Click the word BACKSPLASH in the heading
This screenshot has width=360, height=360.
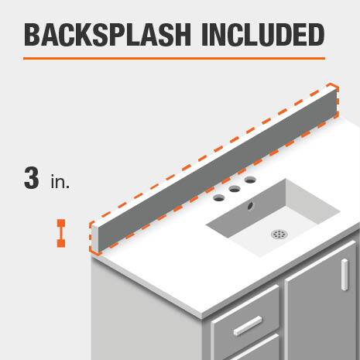click(x=108, y=35)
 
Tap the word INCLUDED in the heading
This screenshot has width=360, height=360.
click(x=263, y=35)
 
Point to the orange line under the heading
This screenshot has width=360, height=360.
click(x=174, y=59)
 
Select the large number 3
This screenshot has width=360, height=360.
click(x=32, y=178)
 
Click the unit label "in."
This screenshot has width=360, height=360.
click(x=60, y=182)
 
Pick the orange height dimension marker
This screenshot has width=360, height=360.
click(x=61, y=234)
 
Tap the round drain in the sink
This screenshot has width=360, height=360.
click(x=279, y=234)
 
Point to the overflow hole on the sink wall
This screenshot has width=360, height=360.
click(x=250, y=206)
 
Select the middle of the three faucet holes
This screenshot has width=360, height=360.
click(x=235, y=189)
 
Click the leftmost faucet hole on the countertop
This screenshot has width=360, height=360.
click(x=219, y=198)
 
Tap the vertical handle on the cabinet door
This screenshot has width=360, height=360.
click(x=345, y=275)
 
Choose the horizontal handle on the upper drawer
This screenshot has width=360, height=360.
click(x=248, y=326)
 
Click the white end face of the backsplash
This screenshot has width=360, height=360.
click(x=95, y=237)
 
